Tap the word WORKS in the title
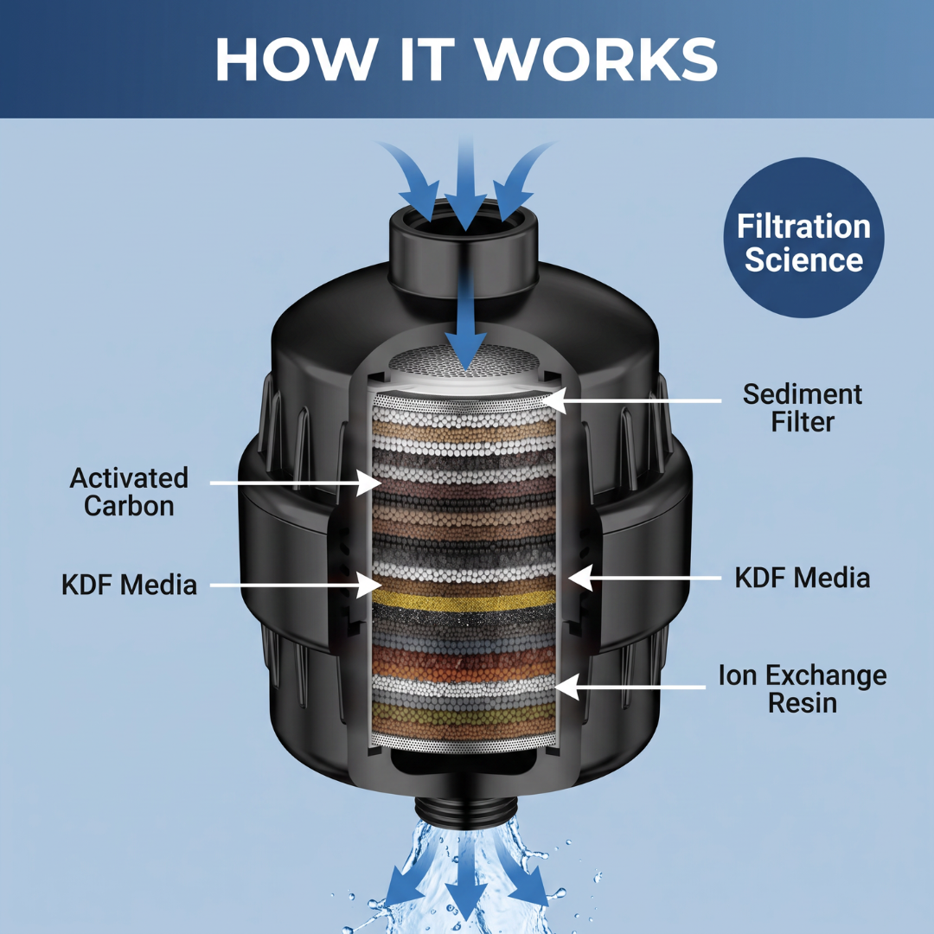598,59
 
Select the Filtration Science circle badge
803,237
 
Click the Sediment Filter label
803,408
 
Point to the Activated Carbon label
129,492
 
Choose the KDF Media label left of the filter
129,585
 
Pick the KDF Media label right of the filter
803,578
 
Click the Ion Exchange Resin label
803,688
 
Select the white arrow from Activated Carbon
296,483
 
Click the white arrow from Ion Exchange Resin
630,687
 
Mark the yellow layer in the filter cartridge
464,600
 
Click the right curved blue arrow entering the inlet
521,179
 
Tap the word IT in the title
425,59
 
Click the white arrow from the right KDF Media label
644,578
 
